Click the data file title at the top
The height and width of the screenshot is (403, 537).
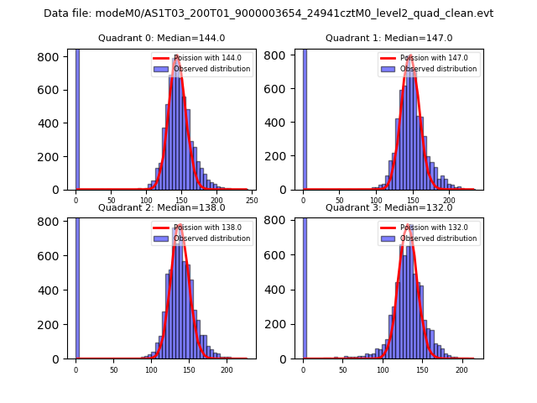point(268,13)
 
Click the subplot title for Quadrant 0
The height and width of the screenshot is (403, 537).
point(161,38)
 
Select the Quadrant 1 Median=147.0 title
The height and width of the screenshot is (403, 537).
point(388,38)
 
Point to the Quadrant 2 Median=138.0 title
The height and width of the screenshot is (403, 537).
point(161,207)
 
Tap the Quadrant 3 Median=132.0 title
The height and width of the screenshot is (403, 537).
point(388,207)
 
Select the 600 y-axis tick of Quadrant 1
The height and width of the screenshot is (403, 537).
point(279,90)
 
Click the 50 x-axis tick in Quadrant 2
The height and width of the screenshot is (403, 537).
point(113,369)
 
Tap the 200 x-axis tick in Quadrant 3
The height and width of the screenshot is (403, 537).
point(461,369)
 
